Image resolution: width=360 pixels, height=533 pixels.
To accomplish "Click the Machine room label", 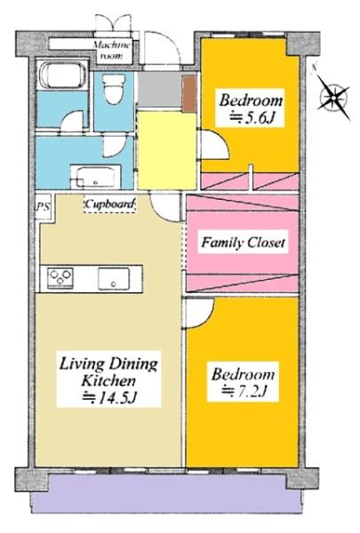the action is [x=112, y=50].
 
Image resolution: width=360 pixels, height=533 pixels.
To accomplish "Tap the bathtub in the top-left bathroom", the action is [x=62, y=75].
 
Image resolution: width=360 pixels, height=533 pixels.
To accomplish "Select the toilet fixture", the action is [x=114, y=88].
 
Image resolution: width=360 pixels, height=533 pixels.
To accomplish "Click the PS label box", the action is [x=44, y=207].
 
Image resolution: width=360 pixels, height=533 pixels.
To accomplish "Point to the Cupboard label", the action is [x=109, y=204].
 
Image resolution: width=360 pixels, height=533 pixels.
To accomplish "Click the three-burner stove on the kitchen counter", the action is [x=60, y=278].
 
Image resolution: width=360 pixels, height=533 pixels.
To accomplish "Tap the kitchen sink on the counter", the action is [x=113, y=279].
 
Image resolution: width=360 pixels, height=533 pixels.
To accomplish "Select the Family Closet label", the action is [x=243, y=243].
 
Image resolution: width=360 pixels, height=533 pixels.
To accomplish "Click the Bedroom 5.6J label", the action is [x=251, y=108].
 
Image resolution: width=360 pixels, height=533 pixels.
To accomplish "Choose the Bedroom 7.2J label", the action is [x=243, y=382].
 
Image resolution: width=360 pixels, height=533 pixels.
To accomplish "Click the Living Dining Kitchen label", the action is [x=108, y=379].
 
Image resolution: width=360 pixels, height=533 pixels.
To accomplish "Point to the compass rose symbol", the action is [x=333, y=98].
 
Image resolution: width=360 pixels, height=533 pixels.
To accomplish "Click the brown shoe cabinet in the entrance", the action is [x=189, y=93].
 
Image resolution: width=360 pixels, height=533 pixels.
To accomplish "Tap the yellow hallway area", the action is [x=167, y=150].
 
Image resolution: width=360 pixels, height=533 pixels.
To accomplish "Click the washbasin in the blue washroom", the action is [x=96, y=178].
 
